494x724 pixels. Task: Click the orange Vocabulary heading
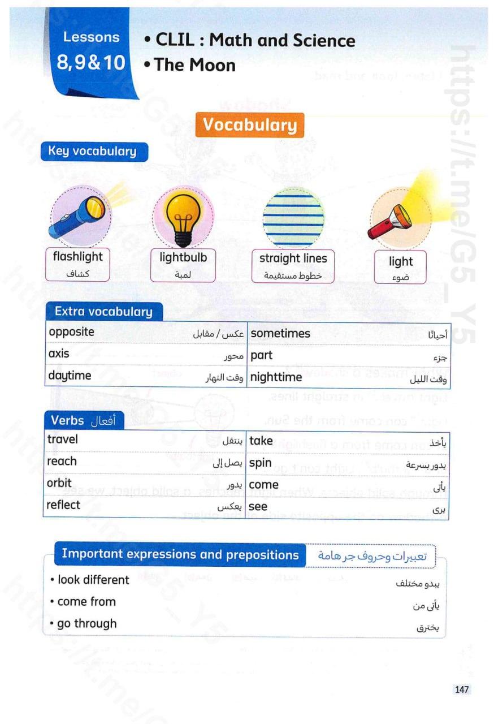pos(249,126)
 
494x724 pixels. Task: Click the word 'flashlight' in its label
pos(78,257)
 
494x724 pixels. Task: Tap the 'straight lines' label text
pos(293,258)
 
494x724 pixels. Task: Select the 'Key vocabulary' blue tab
pos(92,152)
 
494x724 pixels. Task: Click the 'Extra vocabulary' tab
pos(103,312)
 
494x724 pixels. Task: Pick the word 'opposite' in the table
pos(72,332)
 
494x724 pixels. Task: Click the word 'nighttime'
pos(276,377)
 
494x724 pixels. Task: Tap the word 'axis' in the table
pos(59,354)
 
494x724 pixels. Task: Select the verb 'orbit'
pos(59,483)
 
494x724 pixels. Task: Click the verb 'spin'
pos(261,463)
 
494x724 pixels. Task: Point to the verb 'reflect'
pos(63,505)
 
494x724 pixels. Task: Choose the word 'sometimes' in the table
pos(280,333)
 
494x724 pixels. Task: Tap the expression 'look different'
pos(93,580)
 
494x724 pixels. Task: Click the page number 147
pos(462,689)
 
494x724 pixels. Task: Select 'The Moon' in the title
pos(194,65)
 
